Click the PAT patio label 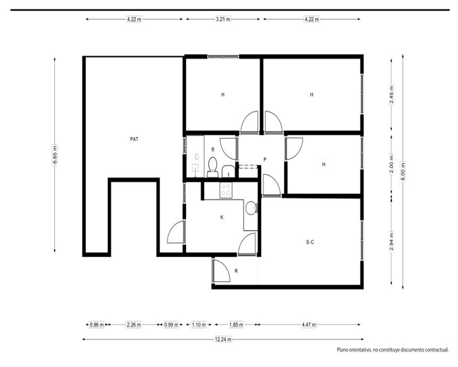(134, 139)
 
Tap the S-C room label (310, 242)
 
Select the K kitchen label (222, 217)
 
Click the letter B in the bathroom (213, 149)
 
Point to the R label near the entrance (236, 271)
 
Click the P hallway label (265, 160)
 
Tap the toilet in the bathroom (213, 167)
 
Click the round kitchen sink (251, 208)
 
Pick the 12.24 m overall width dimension (223, 339)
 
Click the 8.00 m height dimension (403, 171)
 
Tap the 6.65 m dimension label (55, 155)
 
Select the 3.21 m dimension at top (223, 19)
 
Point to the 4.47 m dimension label (309, 324)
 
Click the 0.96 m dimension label (97, 324)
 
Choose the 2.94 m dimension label (392, 241)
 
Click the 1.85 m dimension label (236, 324)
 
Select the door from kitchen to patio (176, 232)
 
